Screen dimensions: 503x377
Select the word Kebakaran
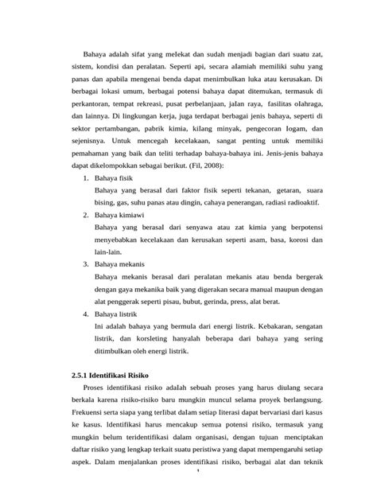point(257,326)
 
